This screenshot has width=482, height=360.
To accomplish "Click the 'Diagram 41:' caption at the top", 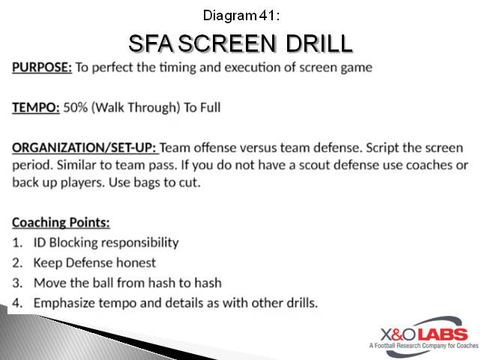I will click(240, 14).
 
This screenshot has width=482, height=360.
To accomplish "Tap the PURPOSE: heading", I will click(42, 67).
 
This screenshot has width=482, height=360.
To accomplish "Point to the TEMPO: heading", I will click(34, 107).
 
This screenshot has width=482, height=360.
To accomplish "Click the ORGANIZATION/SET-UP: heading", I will click(85, 147).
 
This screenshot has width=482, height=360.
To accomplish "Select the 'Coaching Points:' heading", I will click(61, 223).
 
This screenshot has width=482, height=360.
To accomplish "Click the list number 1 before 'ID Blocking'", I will click(17, 242).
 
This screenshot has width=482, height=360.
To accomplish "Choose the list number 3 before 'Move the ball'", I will click(17, 283).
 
